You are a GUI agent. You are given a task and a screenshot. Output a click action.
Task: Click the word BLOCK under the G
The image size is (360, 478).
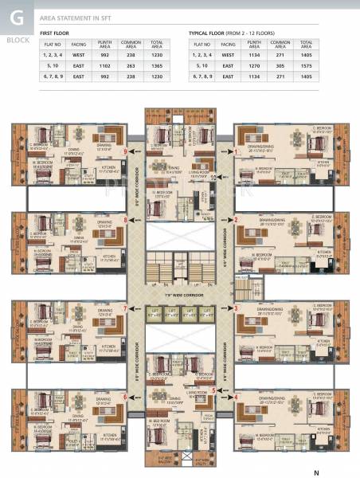pyautogui.click(x=15, y=37)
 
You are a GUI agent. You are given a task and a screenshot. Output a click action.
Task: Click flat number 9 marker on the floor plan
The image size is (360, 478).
pyautogui.click(x=126, y=151)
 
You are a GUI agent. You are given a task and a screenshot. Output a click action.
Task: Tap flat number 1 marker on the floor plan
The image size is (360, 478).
pyautogui.click(x=236, y=151)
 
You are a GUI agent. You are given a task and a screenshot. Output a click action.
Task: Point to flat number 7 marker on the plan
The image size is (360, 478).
pyautogui.click(x=125, y=308)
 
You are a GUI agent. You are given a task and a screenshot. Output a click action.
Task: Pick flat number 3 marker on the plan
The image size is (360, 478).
pyautogui.click(x=236, y=308)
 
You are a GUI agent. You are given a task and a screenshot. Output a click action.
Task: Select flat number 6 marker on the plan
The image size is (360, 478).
pyautogui.click(x=125, y=396)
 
